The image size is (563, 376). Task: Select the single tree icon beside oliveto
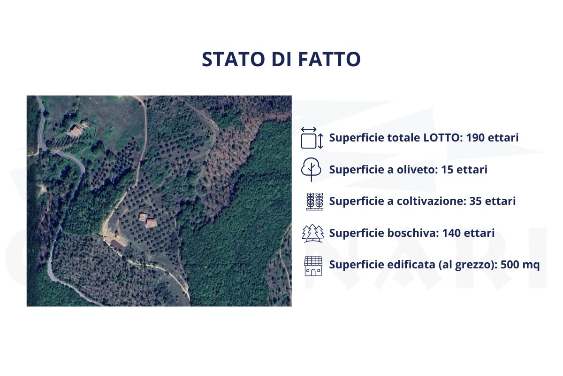(312, 170)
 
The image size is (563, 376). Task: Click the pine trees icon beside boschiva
(312, 233)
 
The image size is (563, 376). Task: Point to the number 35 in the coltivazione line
(477, 201)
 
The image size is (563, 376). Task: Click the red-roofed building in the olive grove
(151, 223)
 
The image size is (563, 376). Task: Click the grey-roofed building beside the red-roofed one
(143, 217)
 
